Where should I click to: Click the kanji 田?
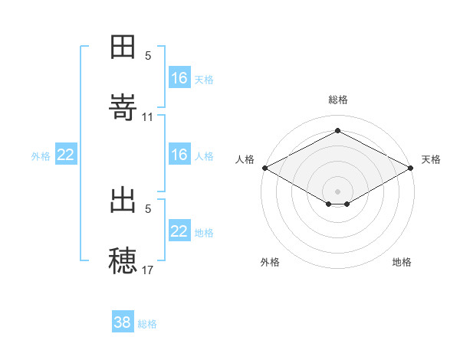point(123,47)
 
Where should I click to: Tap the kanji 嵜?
point(123,107)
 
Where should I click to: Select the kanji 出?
point(123,200)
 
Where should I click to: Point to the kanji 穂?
point(123,260)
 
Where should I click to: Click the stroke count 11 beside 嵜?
point(147,117)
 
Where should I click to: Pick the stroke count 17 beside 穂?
point(147,270)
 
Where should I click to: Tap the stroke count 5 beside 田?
point(148,56)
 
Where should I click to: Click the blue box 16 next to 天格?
point(179,77)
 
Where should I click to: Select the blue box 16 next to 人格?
point(179,154)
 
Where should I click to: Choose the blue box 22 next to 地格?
point(179,230)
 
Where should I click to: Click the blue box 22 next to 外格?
point(66,154)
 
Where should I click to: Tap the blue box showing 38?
point(123,321)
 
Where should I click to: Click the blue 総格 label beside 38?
point(147,324)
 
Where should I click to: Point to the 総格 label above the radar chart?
point(338,100)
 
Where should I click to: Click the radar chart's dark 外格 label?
point(270,262)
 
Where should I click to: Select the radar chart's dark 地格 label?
point(402,262)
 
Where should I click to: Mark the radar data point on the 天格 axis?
point(411,168)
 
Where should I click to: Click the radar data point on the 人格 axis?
point(265,168)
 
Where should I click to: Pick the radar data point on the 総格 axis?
point(337,130)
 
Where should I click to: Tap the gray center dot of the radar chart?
point(337,191)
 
